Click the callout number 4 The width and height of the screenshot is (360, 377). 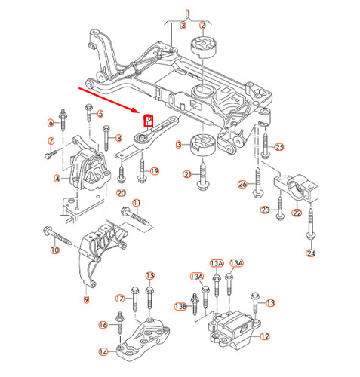pos(57,179)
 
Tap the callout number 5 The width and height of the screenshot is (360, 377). pos(100,114)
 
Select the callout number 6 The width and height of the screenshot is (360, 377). pos(51,122)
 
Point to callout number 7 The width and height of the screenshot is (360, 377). pos(51,141)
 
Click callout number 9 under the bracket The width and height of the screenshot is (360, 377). pos(86,299)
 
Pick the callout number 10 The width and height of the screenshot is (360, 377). pos(54,250)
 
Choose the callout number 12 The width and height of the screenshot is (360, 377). pos(264,337)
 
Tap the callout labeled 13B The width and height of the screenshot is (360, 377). pos(180,306)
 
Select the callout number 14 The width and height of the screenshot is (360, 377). pos(103,352)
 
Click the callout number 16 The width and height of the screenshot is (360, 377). pos(103,325)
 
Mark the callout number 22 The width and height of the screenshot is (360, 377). pos(297,213)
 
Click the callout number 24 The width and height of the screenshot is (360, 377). pos(310,253)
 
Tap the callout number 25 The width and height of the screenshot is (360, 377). pos(278,146)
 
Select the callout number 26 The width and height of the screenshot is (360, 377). pos(242,183)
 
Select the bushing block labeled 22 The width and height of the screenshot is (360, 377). pos(297,187)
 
